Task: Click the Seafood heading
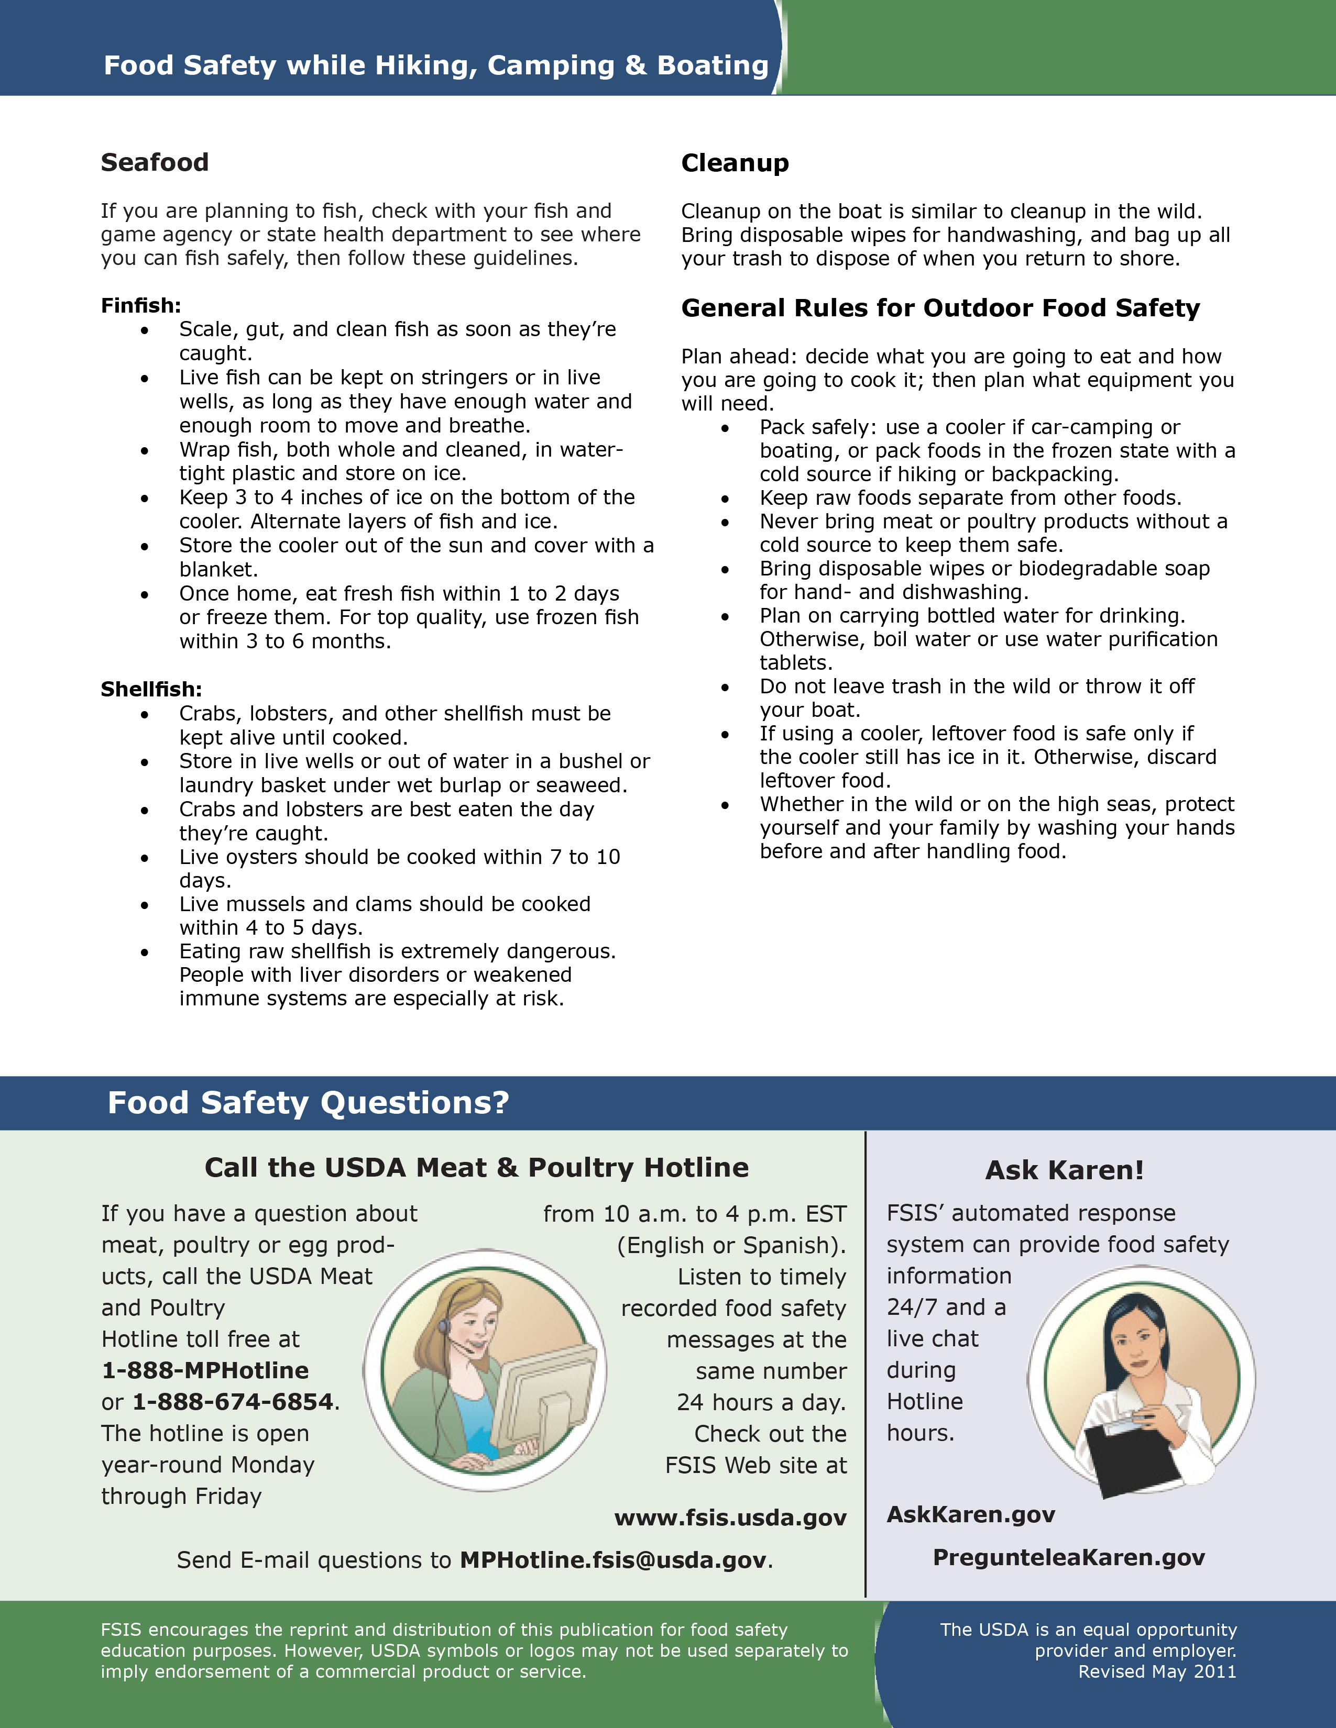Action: tap(155, 162)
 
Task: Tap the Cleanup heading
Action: tap(735, 163)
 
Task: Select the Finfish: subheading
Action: tap(141, 305)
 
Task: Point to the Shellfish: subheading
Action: tap(151, 689)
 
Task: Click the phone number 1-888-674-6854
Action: tap(233, 1401)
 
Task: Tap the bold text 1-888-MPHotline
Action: tap(205, 1370)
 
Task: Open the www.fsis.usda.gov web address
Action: tap(730, 1517)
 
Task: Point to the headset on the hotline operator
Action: tap(448, 1327)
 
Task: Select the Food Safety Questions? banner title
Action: tap(308, 1102)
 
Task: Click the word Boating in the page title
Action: tap(713, 65)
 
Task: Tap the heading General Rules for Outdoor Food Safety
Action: tap(940, 308)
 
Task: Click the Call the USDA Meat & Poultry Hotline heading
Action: tap(476, 1167)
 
